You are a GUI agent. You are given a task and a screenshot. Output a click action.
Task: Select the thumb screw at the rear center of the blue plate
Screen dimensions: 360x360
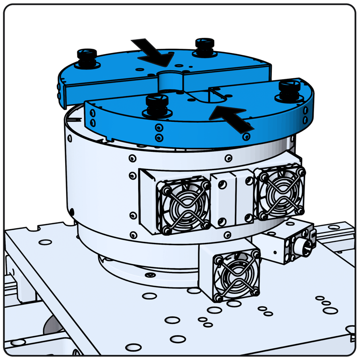pyautogui.click(x=204, y=47)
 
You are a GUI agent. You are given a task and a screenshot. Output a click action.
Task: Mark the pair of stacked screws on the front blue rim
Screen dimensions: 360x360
pyautogui.click(x=159, y=133)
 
